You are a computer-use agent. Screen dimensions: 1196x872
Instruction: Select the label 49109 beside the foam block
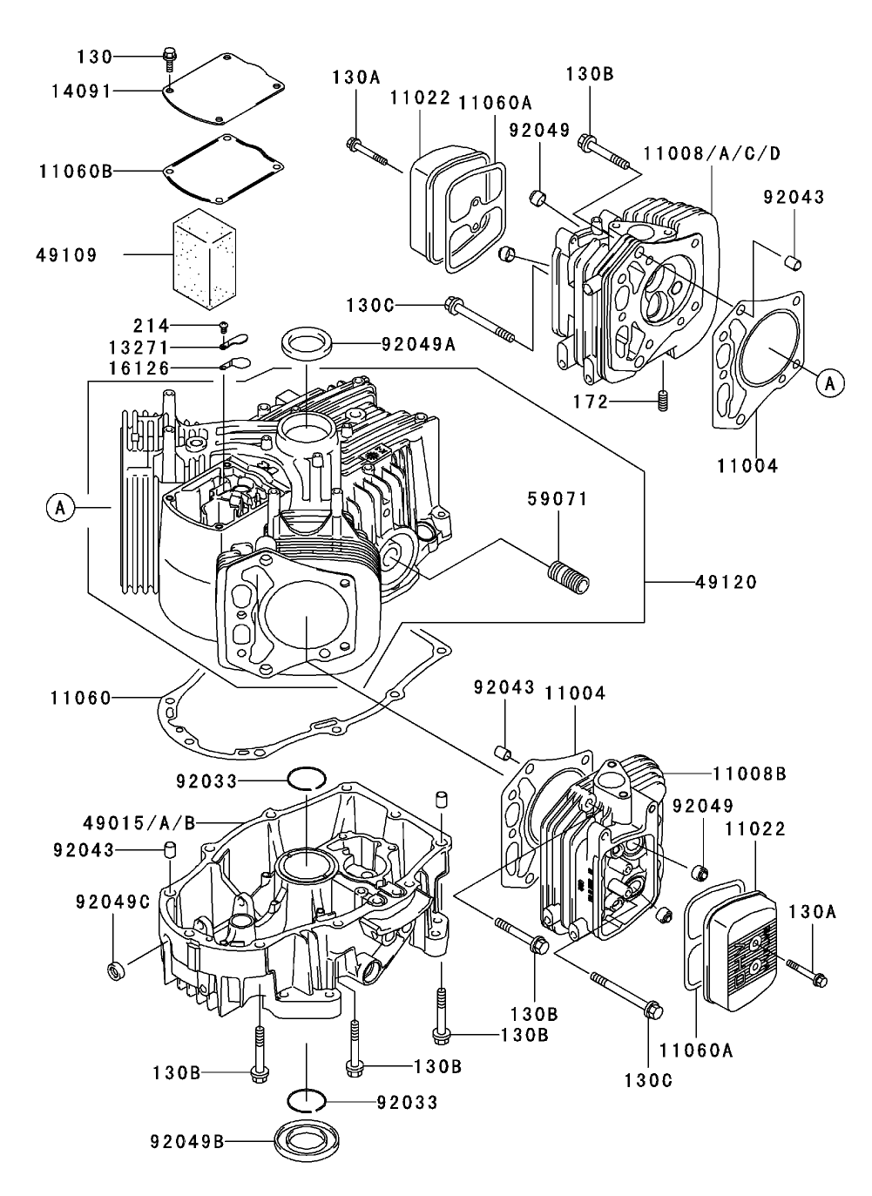(67, 255)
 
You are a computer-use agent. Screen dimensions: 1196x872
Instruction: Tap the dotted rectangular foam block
(205, 253)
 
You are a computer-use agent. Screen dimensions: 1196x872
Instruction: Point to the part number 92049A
(418, 343)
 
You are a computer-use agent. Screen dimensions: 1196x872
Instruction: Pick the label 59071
(558, 499)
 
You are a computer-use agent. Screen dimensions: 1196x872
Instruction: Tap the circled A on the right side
(830, 382)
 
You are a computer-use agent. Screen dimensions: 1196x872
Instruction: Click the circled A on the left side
(59, 507)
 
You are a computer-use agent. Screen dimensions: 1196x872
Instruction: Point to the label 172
(589, 402)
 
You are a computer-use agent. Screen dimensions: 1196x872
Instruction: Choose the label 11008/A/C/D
(712, 153)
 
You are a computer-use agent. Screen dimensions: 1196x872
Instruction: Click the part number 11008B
(749, 773)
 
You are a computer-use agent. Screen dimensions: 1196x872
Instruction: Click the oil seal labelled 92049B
(298, 1139)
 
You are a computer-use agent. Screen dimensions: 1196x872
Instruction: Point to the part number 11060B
(76, 171)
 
